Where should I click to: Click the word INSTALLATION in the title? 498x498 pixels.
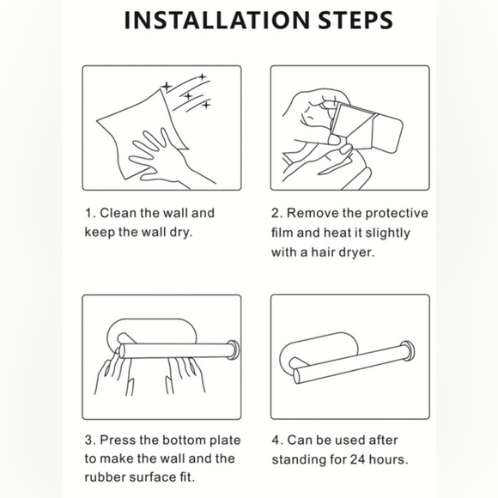pos(217,21)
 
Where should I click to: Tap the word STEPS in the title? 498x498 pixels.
pos(355,21)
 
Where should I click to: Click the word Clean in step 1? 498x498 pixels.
pos(118,213)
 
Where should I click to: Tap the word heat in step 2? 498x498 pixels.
pos(337,233)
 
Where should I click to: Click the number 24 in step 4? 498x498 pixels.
pos(358,459)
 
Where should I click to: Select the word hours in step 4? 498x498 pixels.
pos(388,459)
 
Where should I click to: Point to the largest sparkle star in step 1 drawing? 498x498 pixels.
pos(166,87)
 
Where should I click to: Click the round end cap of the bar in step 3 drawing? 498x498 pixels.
pos(234,350)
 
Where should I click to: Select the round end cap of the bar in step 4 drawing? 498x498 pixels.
pos(408,351)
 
